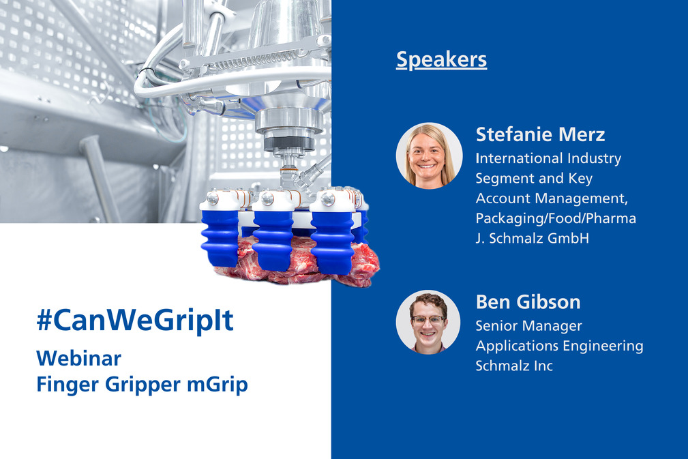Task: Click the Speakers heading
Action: click(441, 60)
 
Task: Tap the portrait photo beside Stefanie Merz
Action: click(429, 156)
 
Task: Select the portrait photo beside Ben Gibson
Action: click(428, 322)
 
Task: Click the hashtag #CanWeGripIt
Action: click(135, 321)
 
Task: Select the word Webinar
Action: click(78, 359)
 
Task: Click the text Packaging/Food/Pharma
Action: click(556, 218)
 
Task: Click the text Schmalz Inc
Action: click(514, 366)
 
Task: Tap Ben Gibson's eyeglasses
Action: click(428, 320)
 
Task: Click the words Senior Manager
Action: click(528, 326)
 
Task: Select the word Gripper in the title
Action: click(143, 385)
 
